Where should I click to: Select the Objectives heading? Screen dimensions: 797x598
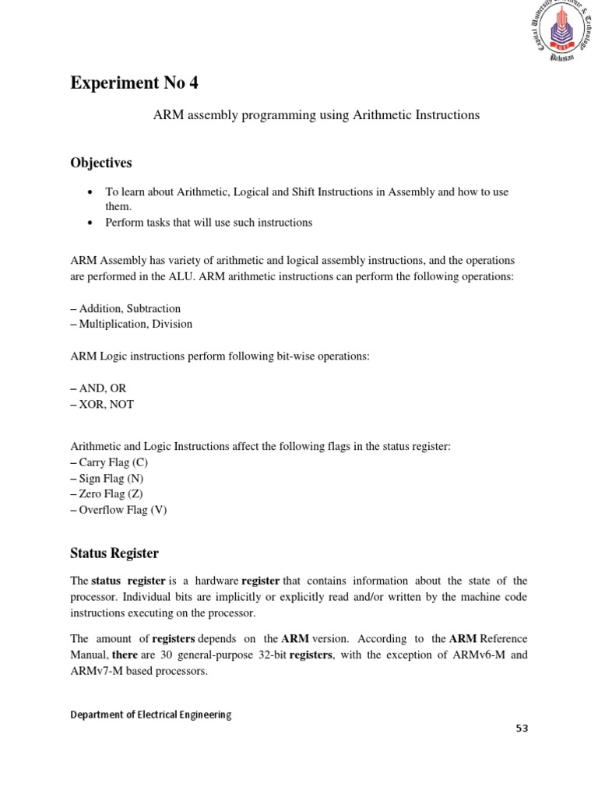point(101,163)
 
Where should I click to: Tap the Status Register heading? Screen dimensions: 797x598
point(114,553)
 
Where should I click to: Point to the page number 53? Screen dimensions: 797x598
point(522,729)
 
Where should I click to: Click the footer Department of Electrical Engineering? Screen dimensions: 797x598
point(151,714)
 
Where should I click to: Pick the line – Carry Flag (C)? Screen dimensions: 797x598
point(108,462)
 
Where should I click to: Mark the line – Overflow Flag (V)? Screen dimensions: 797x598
point(118,510)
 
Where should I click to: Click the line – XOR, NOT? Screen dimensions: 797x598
point(101,404)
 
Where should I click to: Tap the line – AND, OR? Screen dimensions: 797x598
point(97,388)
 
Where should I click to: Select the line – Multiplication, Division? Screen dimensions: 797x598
point(131,324)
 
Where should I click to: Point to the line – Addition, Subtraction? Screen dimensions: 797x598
point(125,308)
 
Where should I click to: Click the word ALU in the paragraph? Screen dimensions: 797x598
point(183,276)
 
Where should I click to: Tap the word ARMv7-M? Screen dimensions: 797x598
point(95,671)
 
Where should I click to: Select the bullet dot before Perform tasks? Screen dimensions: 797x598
point(91,223)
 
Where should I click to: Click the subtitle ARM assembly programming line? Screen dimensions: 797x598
point(316,115)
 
